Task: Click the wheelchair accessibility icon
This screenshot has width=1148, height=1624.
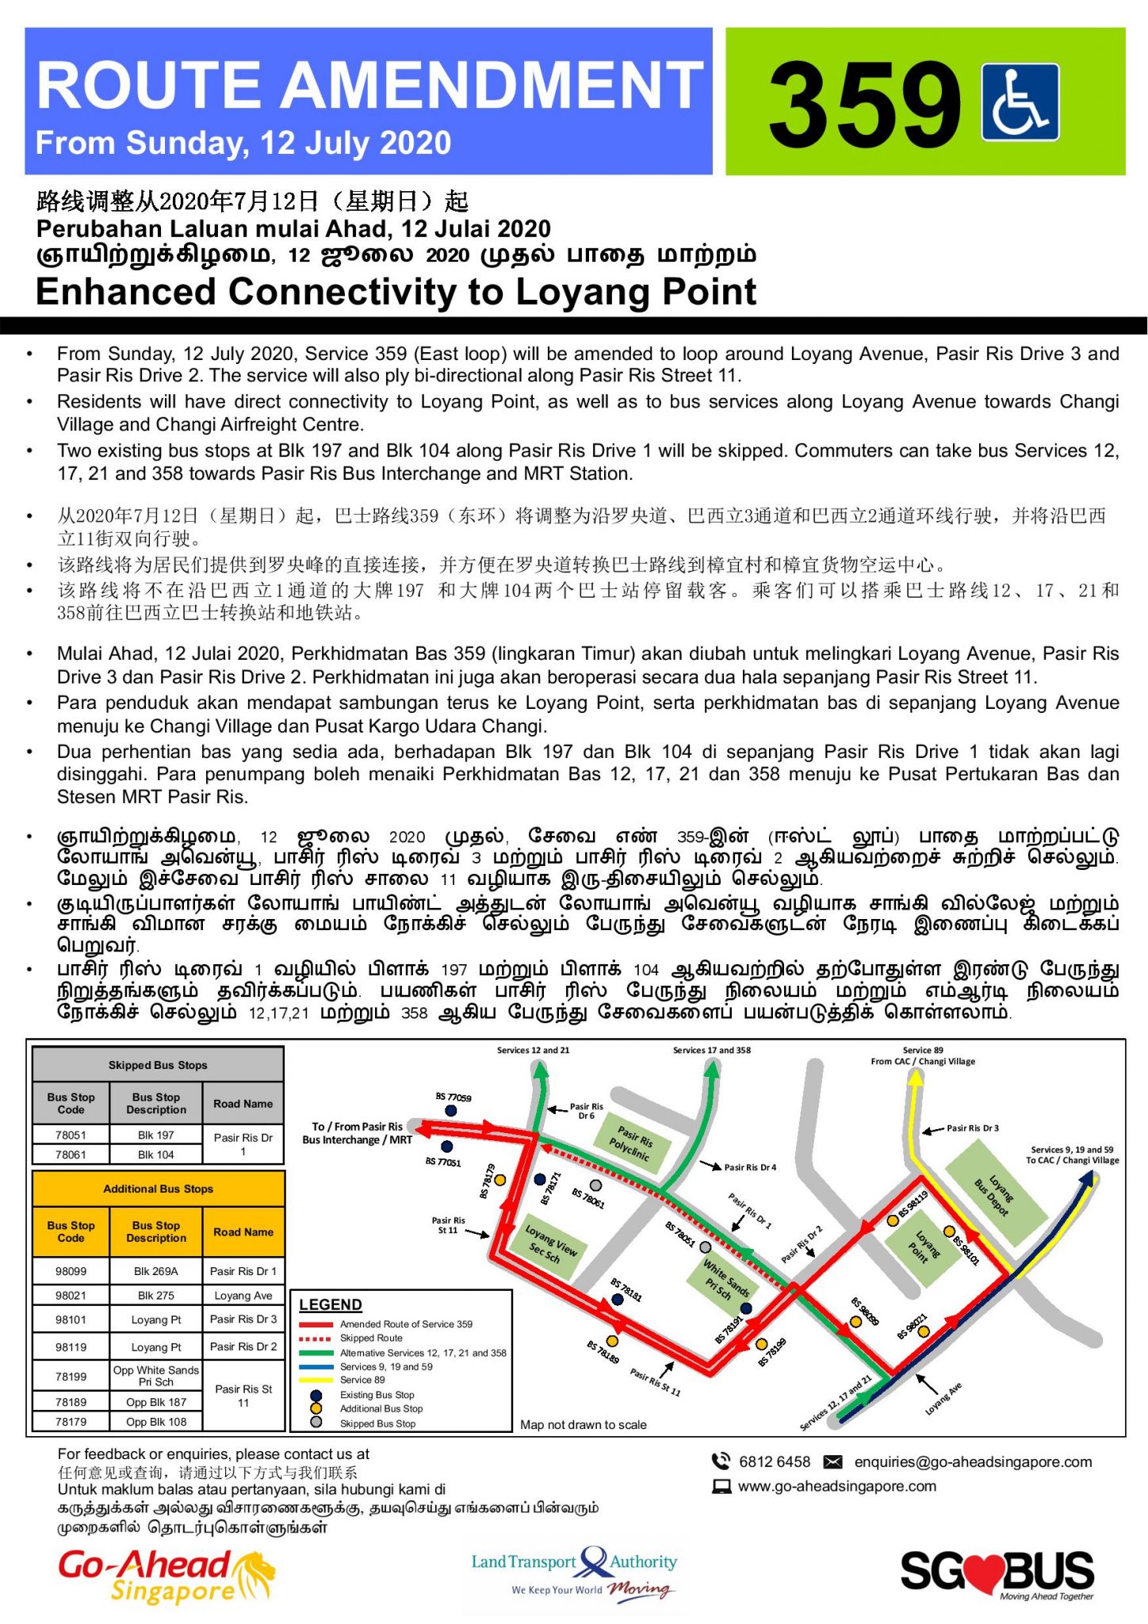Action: point(1020,102)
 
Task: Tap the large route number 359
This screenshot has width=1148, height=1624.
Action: point(864,105)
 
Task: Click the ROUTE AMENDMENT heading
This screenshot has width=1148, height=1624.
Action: point(369,86)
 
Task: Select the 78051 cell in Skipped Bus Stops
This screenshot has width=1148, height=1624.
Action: point(71,1135)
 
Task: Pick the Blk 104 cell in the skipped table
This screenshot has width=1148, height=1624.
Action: point(155,1155)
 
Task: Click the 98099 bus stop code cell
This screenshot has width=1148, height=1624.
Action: point(71,1271)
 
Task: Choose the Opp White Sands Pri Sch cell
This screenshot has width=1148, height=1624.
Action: point(156,1376)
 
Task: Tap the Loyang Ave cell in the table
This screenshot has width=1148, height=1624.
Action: point(243,1296)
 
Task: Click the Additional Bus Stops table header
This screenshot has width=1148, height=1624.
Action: point(158,1189)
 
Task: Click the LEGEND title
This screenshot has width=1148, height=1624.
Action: point(331,1304)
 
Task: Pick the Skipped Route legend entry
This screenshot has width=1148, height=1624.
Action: point(371,1338)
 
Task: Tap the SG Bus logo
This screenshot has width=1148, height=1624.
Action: point(997,1573)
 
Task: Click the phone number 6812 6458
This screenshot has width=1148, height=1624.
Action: point(774,1461)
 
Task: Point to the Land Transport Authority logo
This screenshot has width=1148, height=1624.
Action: point(574,1572)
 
